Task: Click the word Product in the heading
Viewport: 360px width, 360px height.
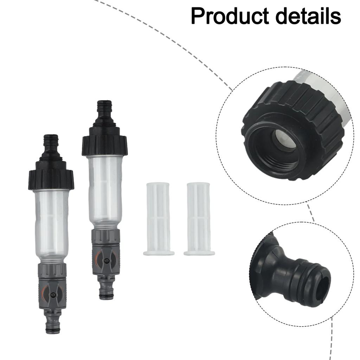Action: pos(229,16)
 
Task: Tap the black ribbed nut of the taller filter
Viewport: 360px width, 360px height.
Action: pos(104,145)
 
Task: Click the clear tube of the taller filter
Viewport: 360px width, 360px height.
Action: pos(105,190)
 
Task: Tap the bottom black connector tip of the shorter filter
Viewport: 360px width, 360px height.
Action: pos(52,325)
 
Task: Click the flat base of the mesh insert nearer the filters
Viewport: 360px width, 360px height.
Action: pos(159,252)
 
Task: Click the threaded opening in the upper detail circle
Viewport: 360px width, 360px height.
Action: pos(278,148)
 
